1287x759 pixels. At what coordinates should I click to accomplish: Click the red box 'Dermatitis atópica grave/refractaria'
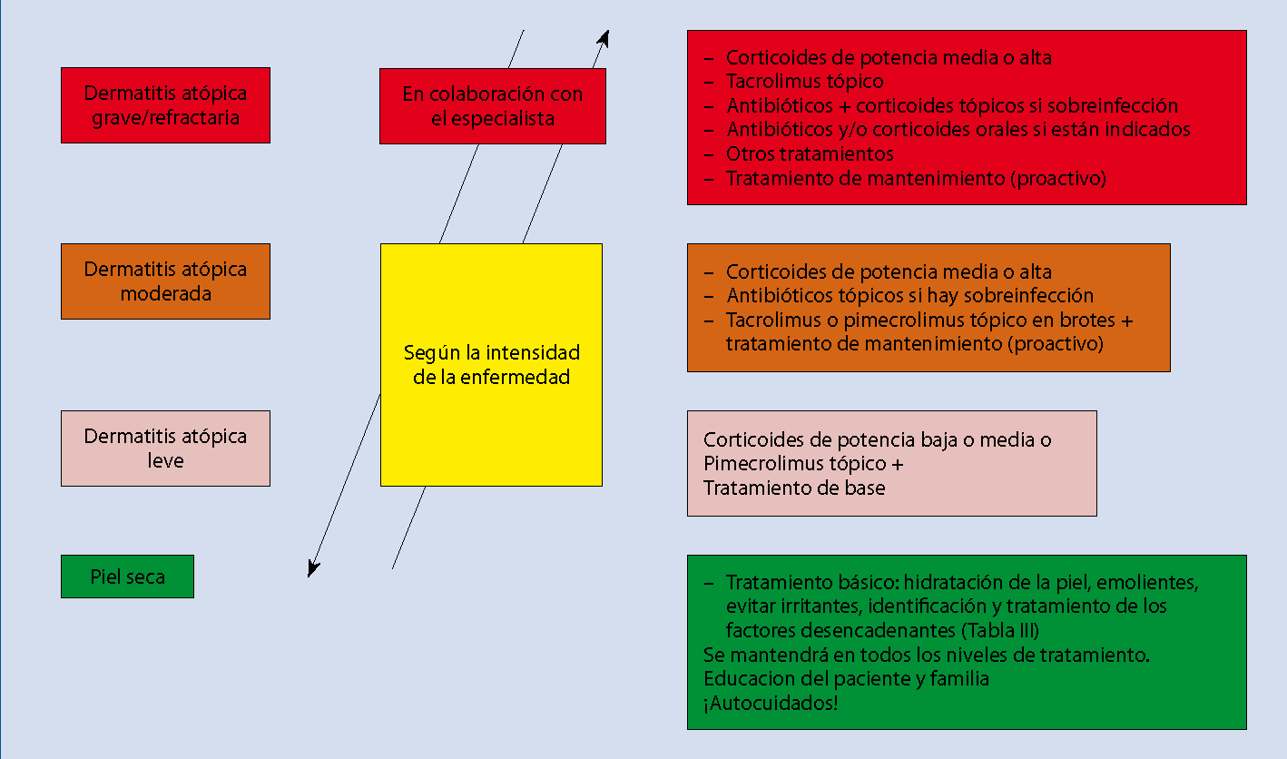(165, 105)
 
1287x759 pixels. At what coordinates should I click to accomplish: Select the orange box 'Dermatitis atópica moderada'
(165, 281)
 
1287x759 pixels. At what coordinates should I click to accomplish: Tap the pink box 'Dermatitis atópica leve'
(165, 448)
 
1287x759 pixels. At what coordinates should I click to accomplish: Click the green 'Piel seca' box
(128, 577)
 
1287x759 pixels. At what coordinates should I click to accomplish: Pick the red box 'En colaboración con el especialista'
(493, 106)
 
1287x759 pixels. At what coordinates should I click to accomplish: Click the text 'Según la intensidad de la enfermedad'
(491, 365)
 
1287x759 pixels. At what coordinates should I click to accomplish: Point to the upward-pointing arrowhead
(604, 38)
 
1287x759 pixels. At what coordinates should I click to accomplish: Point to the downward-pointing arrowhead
(312, 568)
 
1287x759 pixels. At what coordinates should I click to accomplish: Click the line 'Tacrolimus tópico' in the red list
(804, 82)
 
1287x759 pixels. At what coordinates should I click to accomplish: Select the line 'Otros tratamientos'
(810, 154)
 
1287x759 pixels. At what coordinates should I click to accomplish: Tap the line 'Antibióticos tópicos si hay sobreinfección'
(909, 295)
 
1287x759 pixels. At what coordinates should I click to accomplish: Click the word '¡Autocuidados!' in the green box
(771, 703)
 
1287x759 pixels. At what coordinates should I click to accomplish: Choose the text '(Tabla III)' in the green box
(1000, 630)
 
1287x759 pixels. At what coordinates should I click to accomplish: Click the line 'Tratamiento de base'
(794, 488)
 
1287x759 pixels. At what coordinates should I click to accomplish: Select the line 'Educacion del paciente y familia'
(846, 678)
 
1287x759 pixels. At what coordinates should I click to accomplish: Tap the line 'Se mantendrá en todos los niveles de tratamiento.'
(926, 655)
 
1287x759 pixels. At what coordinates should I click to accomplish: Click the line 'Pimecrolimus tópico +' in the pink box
(803, 464)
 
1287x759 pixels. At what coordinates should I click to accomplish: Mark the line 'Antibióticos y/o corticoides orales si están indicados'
(958, 130)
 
